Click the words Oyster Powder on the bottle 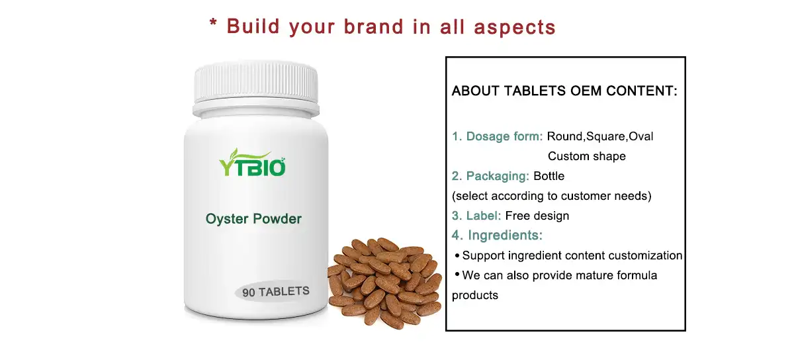pos(253,219)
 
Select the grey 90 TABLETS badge pos(276,292)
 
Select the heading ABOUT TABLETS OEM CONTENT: pos(564,91)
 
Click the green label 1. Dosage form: pos(498,136)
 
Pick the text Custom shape pos(586,157)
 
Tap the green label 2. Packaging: pos(490,176)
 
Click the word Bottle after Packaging pos(549,176)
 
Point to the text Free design pos(537,216)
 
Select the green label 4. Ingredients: pos(498,235)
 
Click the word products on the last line pos(474,295)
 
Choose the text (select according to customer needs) pos(551,196)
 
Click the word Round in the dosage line pos(564,136)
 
